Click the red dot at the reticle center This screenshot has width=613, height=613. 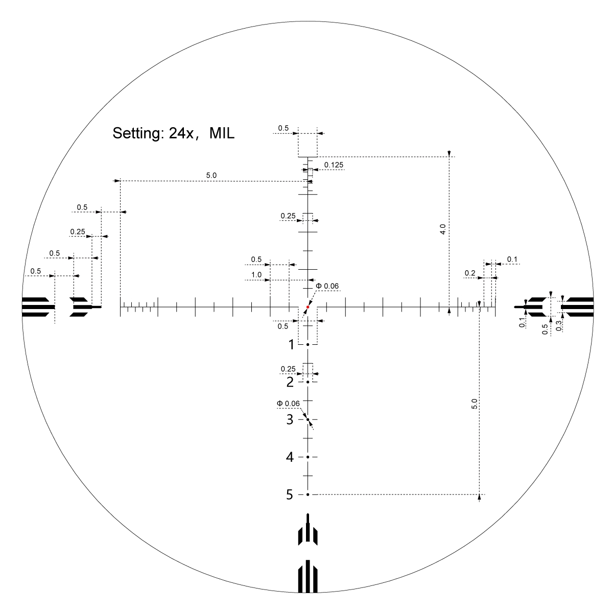pos(308,307)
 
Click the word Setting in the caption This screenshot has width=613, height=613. pos(135,134)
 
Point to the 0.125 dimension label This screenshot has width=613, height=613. pos(334,164)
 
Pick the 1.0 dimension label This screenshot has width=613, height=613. pos(256,275)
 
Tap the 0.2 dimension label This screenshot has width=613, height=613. pos(470,273)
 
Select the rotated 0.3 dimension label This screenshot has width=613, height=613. pos(559,325)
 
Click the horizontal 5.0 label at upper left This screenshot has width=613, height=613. pos(211,175)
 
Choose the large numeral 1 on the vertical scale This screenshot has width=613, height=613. pos(291,345)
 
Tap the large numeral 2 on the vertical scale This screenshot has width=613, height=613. pos(290,382)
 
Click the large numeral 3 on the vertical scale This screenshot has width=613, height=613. pos(290,420)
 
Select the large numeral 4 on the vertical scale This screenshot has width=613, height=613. pos(290,457)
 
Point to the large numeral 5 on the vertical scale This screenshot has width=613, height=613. pos(290,495)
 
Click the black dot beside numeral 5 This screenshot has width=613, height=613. pos(308,494)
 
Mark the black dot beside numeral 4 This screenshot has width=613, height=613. pos(308,457)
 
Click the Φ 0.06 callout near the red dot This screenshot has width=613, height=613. pos(327,286)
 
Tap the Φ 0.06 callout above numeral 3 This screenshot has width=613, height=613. pos(288,404)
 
